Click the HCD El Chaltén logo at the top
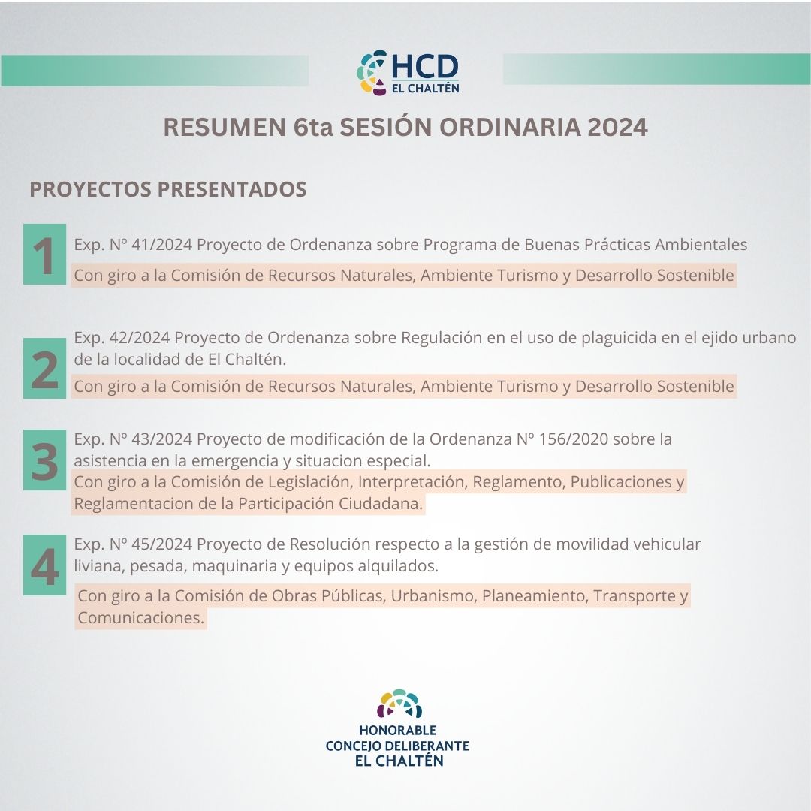pyautogui.click(x=408, y=72)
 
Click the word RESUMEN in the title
pyautogui.click(x=225, y=127)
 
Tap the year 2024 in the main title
pyautogui.click(x=617, y=127)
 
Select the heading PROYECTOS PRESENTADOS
pyautogui.click(x=168, y=189)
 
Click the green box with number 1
pyautogui.click(x=44, y=254)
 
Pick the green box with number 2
pyautogui.click(x=44, y=368)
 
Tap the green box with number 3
pyautogui.click(x=44, y=460)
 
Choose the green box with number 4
pyautogui.click(x=44, y=565)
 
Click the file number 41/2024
pyautogui.click(x=162, y=244)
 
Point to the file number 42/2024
pyautogui.click(x=140, y=338)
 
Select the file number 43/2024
pyautogui.click(x=162, y=439)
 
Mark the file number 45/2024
pyautogui.click(x=162, y=544)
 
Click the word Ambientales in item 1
pyautogui.click(x=701, y=244)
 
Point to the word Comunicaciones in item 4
pyautogui.click(x=140, y=617)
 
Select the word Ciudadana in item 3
pyautogui.click(x=381, y=503)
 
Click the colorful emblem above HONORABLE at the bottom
pyautogui.click(x=399, y=704)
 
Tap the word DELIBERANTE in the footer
pyautogui.click(x=427, y=746)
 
